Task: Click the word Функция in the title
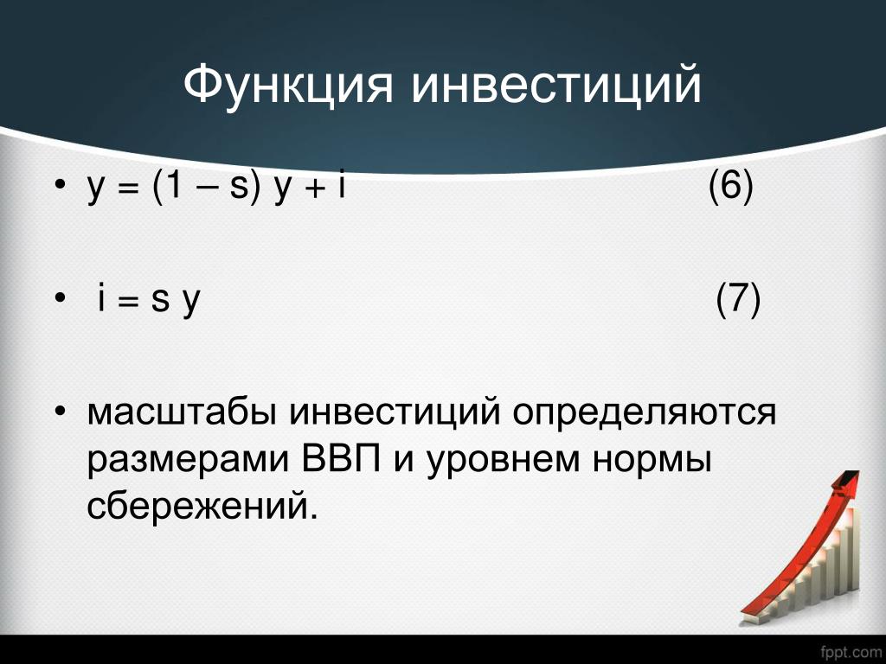pos(287,86)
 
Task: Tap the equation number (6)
pos(730,186)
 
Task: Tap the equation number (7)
pos(738,298)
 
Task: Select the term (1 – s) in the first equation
pos(207,186)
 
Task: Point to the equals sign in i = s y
pos(128,302)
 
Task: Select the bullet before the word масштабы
pos(61,411)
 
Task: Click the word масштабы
pos(182,412)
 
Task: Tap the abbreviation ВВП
pos(341,460)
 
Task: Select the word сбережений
pos(200,504)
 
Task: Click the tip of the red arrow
pos(859,472)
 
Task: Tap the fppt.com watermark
pos(851,653)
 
